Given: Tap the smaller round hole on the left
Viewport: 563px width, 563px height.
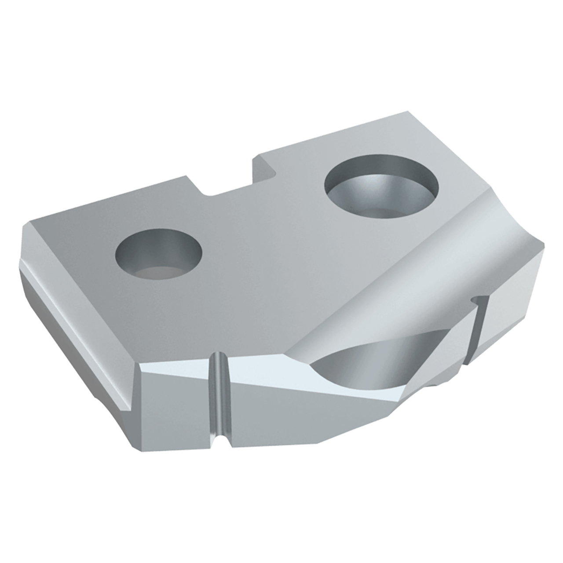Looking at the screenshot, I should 157,255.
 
